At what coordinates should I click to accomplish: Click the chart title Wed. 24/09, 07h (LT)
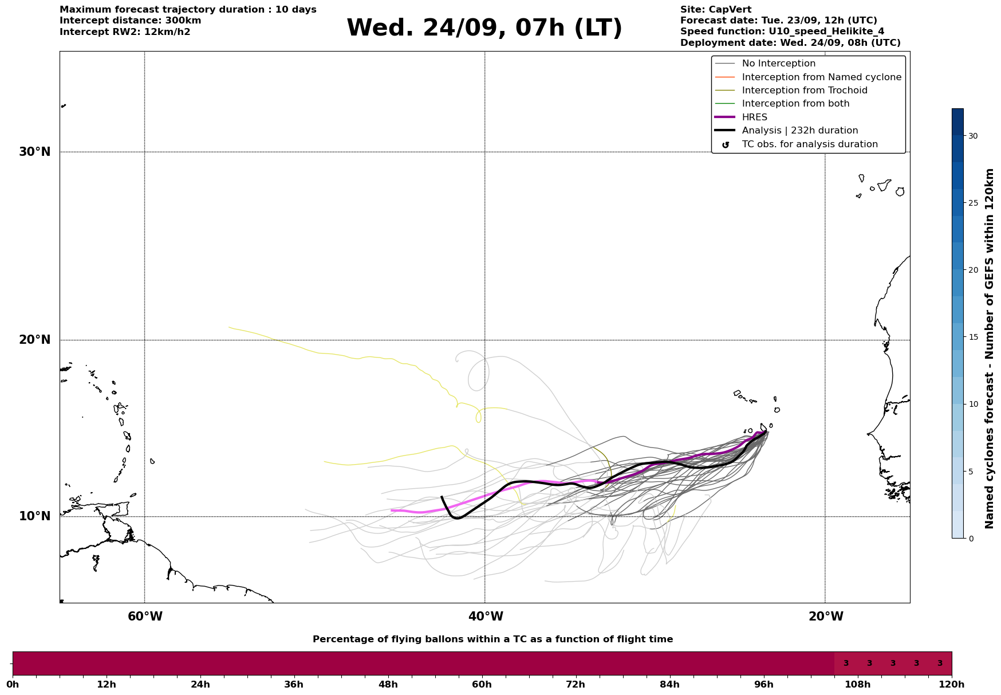[x=484, y=28]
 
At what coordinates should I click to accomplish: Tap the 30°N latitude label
[x=34, y=152]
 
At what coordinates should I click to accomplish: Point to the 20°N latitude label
[x=34, y=340]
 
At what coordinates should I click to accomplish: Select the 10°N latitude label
[x=34, y=516]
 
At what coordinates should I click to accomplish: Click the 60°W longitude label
[x=145, y=617]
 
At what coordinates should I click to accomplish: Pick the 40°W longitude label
[x=486, y=617]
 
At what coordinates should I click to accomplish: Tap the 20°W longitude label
[x=826, y=617]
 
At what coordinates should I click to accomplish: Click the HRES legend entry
[x=754, y=117]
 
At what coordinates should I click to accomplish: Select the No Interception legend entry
[x=778, y=64]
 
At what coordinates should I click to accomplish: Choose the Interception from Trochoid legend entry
[x=804, y=91]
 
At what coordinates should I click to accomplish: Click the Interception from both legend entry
[x=795, y=104]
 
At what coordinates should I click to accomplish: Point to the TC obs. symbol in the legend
[x=726, y=145]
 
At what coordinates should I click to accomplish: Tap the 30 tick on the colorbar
[x=973, y=136]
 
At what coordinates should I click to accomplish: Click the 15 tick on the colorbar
[x=973, y=337]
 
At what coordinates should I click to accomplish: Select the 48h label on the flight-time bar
[x=388, y=684]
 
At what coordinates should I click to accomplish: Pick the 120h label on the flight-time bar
[x=952, y=684]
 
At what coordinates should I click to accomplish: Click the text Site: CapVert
[x=715, y=10]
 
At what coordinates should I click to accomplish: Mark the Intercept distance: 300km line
[x=130, y=21]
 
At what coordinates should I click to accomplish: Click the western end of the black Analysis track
[x=442, y=497]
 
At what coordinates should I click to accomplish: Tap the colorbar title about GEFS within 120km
[x=989, y=348]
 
